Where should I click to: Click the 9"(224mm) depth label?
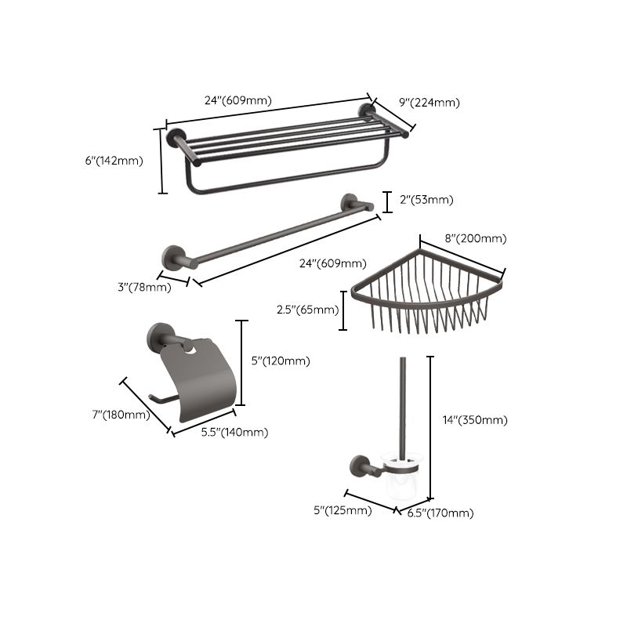coord(429,102)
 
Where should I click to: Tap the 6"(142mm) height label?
coord(114,161)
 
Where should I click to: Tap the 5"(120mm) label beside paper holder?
coord(280,361)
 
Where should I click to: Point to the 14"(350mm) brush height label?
coord(475,420)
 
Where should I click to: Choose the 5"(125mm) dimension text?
coord(342,511)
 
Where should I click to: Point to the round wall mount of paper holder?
coord(159,336)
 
